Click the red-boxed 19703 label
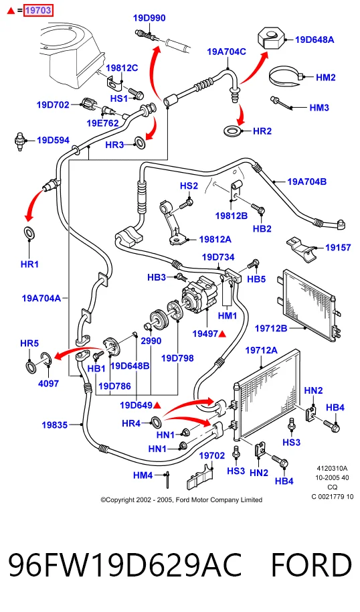(38, 11)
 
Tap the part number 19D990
(149, 18)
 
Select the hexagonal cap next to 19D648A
(272, 38)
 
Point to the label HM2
(326, 77)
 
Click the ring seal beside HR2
(233, 131)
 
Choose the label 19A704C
(226, 52)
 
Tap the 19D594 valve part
(19, 141)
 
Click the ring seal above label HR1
(29, 232)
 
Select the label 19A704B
(306, 181)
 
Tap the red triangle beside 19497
(222, 333)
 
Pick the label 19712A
(262, 350)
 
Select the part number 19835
(55, 425)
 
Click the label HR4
(130, 423)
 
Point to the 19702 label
(212, 455)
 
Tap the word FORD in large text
(311, 565)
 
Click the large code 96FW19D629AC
(125, 565)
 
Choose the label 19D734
(218, 257)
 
